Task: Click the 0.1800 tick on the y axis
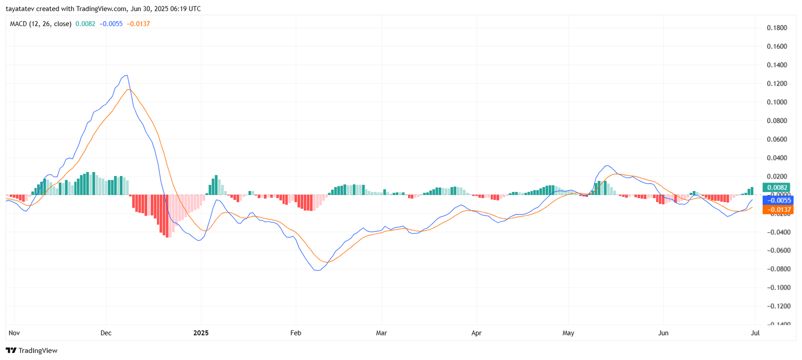776,28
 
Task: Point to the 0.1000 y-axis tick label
776,102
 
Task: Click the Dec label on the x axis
106,333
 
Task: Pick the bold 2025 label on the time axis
201,333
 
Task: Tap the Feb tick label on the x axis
296,333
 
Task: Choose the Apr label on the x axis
476,333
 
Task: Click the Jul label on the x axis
755,333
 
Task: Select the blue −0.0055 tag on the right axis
777,200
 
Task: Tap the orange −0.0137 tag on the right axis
777,210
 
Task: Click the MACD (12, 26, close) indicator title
41,24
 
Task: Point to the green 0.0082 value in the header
85,24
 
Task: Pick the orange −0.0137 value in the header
138,24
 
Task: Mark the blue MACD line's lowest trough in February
317,270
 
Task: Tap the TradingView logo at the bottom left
32,350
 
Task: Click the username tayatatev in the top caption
20,9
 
